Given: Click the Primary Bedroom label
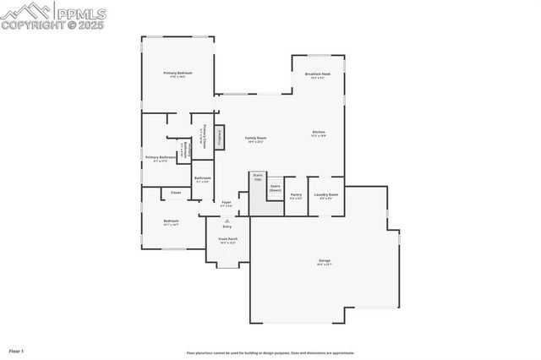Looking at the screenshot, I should click(178, 74).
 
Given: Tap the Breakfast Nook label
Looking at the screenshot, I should click(318, 74).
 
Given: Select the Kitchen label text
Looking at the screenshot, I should click(319, 133).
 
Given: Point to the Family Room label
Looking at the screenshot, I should click(255, 139).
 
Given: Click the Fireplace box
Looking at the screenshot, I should click(218, 137).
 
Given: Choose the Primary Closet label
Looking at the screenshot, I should click(205, 135).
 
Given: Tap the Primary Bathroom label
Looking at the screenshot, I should click(160, 157).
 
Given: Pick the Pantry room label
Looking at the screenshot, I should click(296, 195).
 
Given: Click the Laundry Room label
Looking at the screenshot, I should click(325, 195).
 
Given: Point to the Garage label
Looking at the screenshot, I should click(324, 260).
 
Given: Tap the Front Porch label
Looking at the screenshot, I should click(227, 239).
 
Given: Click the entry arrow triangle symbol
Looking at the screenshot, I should click(227, 220).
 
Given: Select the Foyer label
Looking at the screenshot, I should click(226, 203).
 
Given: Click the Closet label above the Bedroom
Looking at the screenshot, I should click(176, 193).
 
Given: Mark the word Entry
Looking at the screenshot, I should click(227, 226).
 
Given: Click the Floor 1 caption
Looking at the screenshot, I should click(16, 350).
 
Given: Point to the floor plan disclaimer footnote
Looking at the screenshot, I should click(270, 353).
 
